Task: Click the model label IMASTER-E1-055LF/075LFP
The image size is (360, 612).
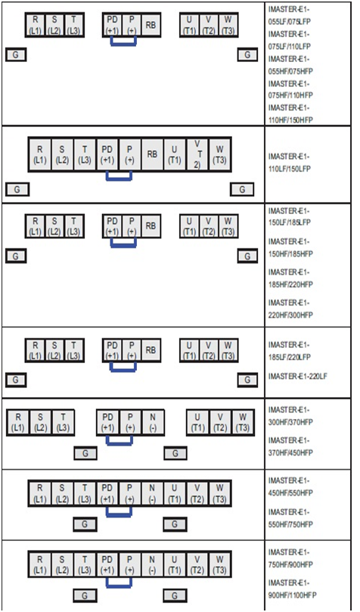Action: (x=290, y=15)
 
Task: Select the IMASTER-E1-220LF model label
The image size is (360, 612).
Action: (x=297, y=376)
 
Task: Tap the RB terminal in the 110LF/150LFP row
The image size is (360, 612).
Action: (x=152, y=154)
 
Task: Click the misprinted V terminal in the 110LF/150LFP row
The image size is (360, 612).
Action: (x=197, y=154)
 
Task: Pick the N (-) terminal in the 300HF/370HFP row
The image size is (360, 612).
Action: (x=153, y=423)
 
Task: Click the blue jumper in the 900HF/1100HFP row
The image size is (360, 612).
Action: (x=119, y=582)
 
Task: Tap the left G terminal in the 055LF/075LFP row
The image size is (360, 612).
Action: (x=16, y=54)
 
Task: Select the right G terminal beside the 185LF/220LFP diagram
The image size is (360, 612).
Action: (x=247, y=380)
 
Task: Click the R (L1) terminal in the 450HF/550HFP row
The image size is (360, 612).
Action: (x=40, y=493)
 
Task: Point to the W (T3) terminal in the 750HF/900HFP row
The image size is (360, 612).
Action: (x=219, y=564)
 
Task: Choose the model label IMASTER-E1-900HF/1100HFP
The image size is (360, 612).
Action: (x=292, y=589)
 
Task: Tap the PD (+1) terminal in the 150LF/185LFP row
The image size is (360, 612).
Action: (x=112, y=226)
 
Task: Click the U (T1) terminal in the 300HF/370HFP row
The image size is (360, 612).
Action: (x=197, y=423)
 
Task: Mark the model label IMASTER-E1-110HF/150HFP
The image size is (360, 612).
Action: (x=290, y=113)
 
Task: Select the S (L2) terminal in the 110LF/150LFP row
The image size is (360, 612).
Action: (x=62, y=154)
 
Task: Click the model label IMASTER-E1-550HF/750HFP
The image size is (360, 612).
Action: (x=290, y=517)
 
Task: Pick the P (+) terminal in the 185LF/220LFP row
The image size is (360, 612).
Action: (x=132, y=350)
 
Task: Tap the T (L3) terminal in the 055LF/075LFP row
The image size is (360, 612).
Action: (x=73, y=25)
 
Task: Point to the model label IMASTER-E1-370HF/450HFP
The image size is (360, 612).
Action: (x=290, y=446)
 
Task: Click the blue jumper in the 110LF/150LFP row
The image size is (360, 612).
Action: (x=119, y=176)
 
